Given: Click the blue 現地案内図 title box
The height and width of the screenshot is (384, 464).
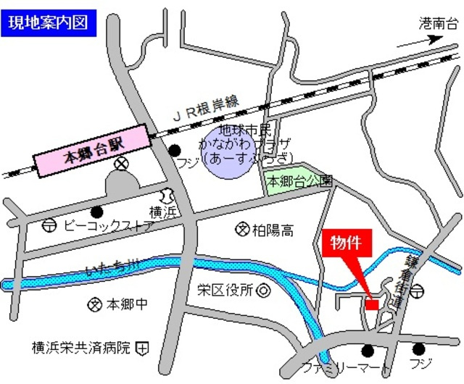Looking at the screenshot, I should [x=48, y=22].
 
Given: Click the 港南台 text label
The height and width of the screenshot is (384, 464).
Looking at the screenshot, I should [x=439, y=23].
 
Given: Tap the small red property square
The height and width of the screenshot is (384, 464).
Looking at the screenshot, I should [x=371, y=306].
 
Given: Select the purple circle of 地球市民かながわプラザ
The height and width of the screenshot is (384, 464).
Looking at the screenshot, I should [x=231, y=150].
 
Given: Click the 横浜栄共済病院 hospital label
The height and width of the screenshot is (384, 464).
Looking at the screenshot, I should [x=80, y=348].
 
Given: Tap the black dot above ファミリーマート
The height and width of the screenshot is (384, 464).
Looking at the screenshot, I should [x=368, y=351].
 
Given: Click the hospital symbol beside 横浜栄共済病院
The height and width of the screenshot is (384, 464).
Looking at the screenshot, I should [x=143, y=348].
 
